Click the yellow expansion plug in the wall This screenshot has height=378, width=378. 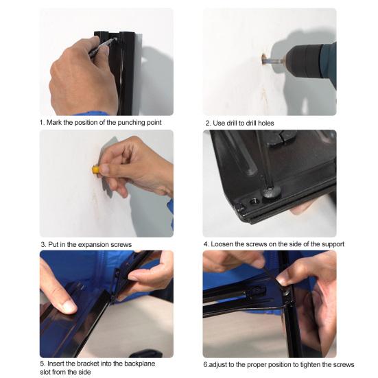click(x=95, y=169)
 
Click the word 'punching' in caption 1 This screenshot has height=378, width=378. click(x=131, y=123)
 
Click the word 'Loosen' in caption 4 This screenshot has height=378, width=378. click(x=222, y=244)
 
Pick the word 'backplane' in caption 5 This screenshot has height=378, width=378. click(x=140, y=364)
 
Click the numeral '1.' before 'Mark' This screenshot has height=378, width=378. click(x=42, y=123)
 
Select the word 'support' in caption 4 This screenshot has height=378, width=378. click(x=333, y=244)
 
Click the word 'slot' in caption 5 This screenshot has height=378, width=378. click(x=45, y=372)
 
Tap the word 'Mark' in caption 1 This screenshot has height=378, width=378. click(x=54, y=123)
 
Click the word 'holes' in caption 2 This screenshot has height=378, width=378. click(x=266, y=123)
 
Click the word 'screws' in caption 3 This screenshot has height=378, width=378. click(x=121, y=245)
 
